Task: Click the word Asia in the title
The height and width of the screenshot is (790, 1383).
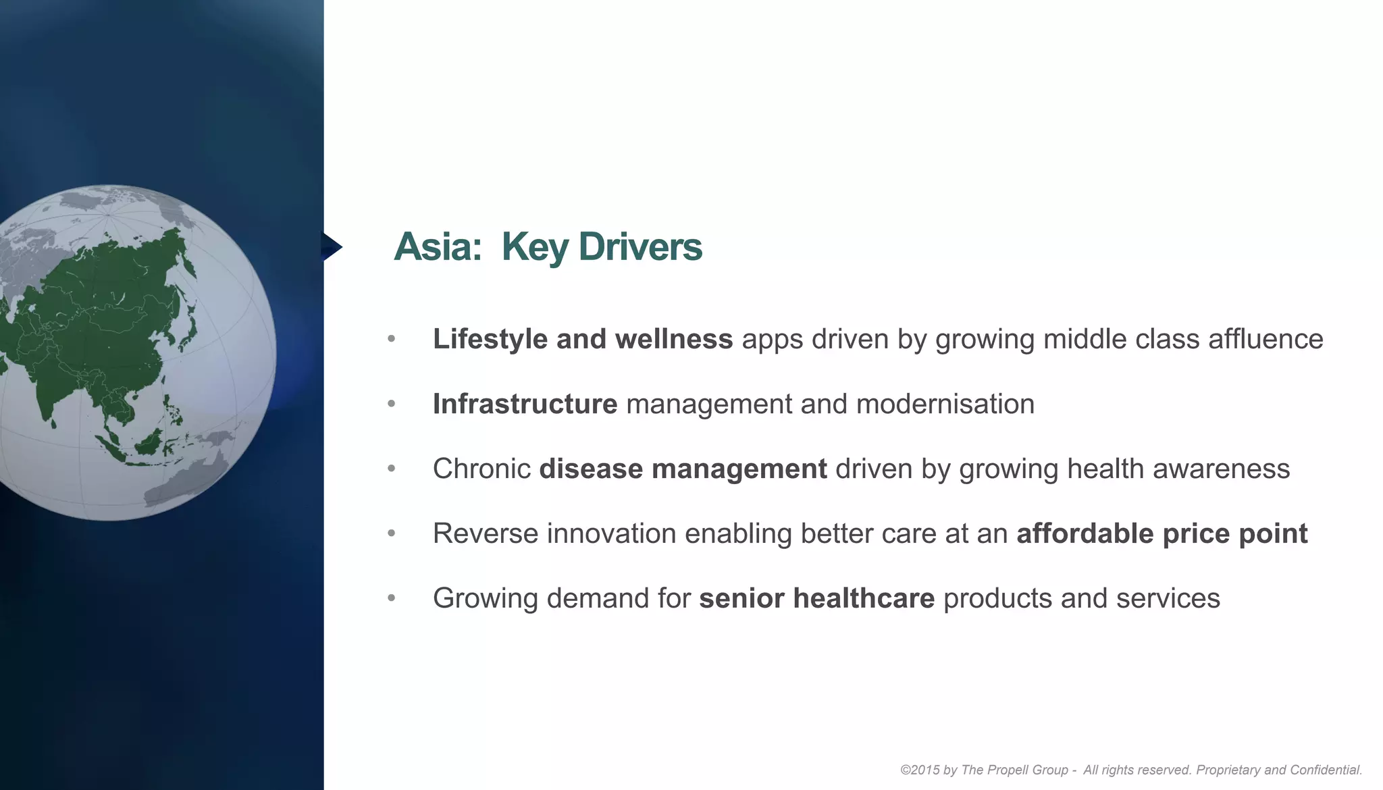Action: click(437, 247)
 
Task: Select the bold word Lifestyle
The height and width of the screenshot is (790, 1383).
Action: click(490, 339)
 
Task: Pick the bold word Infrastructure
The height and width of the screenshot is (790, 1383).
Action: click(525, 404)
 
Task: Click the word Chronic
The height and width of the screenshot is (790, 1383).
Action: click(481, 469)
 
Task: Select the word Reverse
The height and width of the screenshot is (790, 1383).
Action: click(486, 533)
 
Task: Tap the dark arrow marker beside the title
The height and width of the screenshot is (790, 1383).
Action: click(331, 246)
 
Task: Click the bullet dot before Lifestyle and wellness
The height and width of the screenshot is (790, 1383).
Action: click(392, 339)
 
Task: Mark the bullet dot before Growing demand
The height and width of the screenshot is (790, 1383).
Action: click(392, 598)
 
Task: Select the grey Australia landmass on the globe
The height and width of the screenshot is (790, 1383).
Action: click(189, 476)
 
